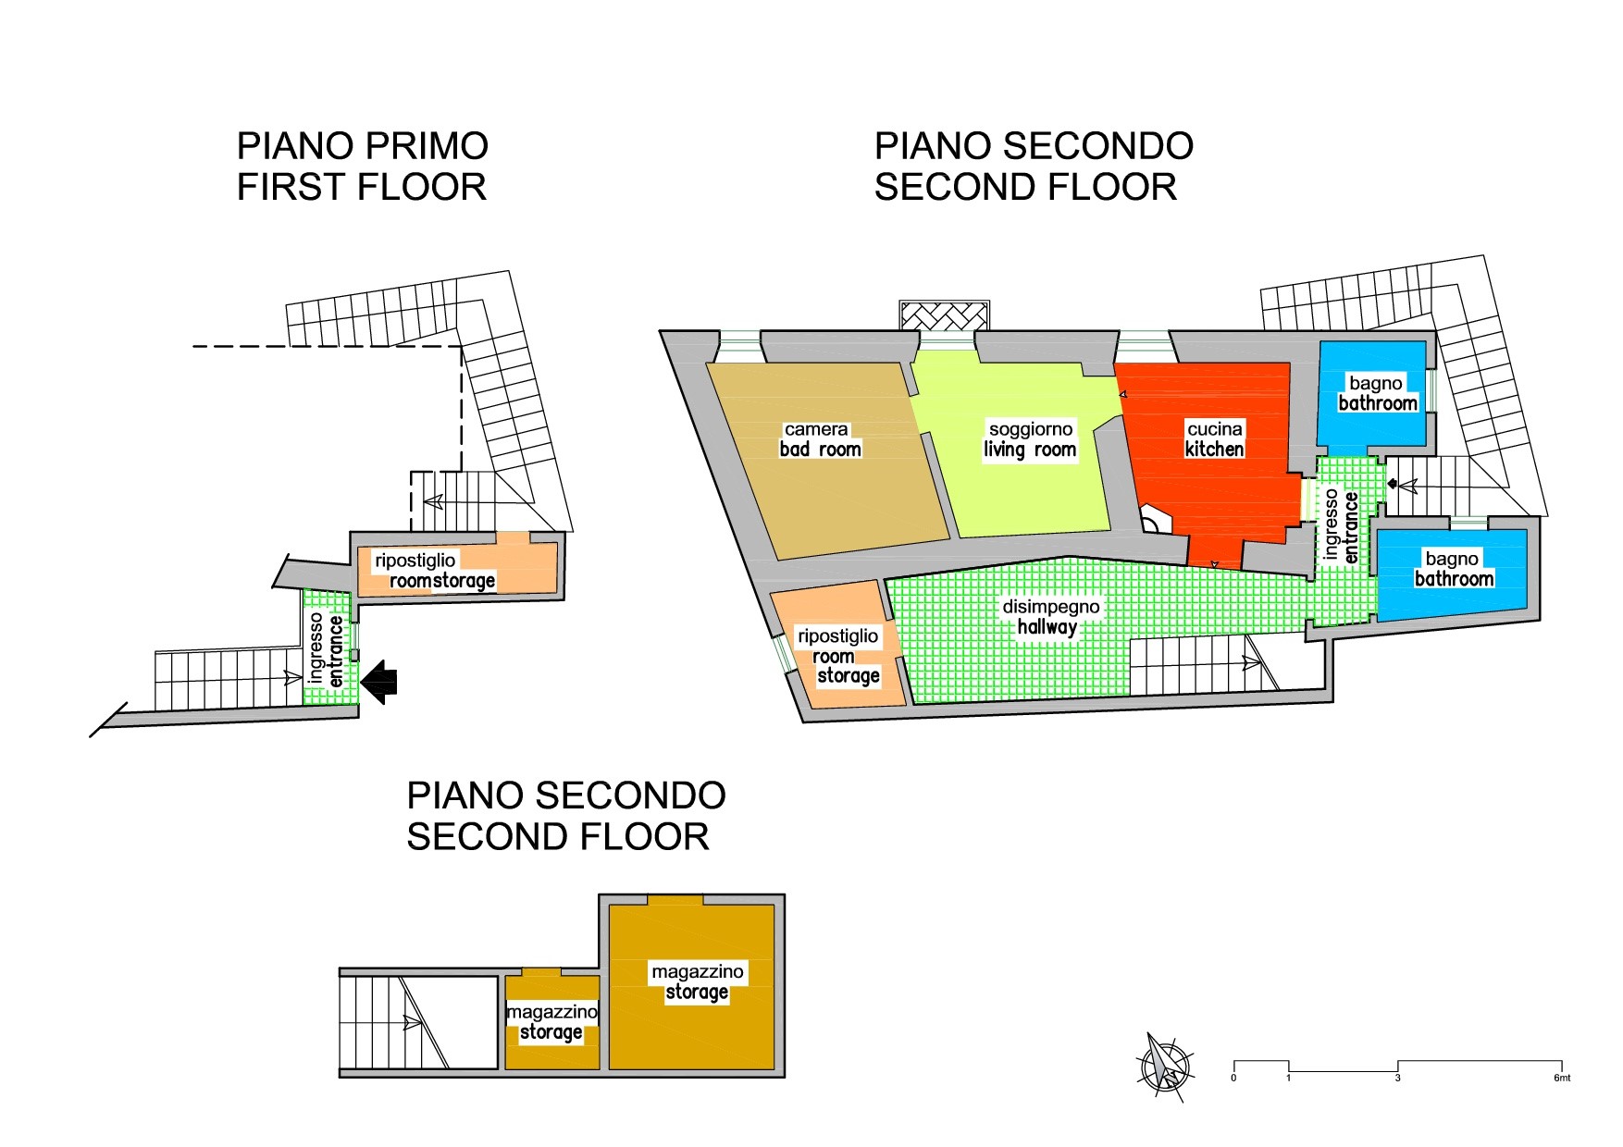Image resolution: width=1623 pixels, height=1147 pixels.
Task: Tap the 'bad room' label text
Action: click(820, 450)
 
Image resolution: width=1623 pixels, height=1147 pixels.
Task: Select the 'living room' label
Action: click(1030, 450)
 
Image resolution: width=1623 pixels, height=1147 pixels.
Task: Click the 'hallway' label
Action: click(1047, 627)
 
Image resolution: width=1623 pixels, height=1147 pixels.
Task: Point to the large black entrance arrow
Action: click(378, 682)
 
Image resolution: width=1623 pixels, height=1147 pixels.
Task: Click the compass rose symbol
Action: click(1164, 1067)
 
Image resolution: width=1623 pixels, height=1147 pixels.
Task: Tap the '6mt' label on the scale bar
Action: click(1562, 1078)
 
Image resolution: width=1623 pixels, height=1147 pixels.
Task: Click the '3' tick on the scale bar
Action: click(1397, 1078)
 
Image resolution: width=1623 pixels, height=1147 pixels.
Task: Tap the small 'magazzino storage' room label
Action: click(551, 1022)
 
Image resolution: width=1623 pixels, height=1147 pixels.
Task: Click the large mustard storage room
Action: click(691, 986)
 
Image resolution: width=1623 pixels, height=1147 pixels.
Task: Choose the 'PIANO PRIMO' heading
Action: click(362, 146)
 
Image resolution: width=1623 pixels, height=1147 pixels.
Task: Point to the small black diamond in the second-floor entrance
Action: click(1393, 483)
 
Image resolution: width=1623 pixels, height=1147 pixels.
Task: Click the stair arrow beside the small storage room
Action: click(413, 1023)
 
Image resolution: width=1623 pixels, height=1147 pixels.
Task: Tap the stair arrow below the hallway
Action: click(1249, 662)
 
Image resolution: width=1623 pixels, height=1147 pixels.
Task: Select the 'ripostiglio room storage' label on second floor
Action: click(838, 656)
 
